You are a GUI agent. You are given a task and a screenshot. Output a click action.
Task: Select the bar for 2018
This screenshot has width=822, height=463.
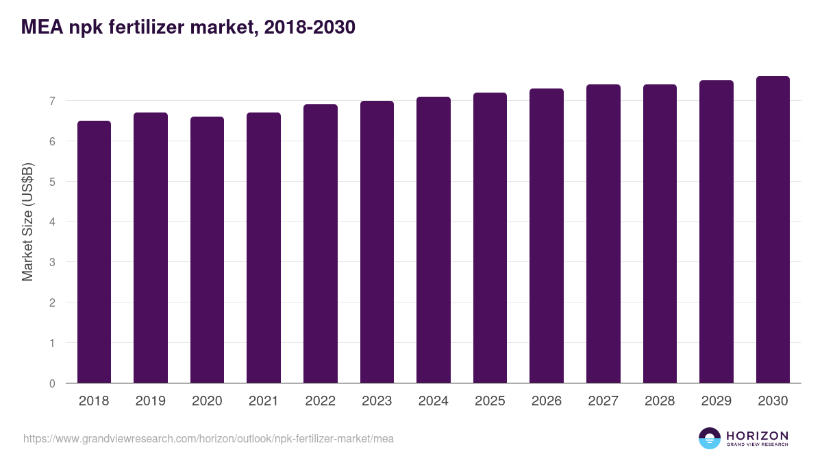(x=94, y=252)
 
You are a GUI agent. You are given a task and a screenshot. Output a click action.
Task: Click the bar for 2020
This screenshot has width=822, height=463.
(x=207, y=250)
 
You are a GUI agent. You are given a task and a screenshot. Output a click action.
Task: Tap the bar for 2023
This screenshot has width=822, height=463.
(x=377, y=242)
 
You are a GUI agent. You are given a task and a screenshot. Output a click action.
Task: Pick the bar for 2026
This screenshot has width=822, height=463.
(x=547, y=236)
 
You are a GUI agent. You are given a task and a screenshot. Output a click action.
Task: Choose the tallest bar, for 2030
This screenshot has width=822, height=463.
(x=773, y=230)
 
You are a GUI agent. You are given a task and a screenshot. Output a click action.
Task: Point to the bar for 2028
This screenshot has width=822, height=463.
(x=660, y=234)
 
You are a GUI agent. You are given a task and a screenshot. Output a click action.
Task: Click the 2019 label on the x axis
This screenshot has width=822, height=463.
(x=150, y=401)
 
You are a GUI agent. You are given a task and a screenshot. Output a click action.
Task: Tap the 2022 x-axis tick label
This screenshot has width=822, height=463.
(x=320, y=401)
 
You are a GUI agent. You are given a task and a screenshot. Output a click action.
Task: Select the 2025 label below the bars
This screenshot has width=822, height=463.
(x=490, y=401)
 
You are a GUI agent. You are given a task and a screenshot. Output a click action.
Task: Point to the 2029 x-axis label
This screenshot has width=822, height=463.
(x=716, y=401)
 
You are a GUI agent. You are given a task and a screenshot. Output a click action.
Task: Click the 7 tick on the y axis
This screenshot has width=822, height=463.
(x=51, y=102)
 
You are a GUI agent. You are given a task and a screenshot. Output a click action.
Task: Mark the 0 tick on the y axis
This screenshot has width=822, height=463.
(x=51, y=383)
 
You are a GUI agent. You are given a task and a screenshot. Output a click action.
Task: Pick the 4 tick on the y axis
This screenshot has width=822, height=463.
(x=51, y=222)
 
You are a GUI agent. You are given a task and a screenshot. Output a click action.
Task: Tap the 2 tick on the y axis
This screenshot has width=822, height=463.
(x=51, y=303)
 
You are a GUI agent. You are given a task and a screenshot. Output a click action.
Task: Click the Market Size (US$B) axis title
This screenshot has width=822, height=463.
(x=27, y=222)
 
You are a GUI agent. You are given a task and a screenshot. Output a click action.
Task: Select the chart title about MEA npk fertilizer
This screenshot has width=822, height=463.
(x=188, y=27)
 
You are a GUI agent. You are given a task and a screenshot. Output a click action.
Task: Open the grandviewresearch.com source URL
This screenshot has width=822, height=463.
(x=208, y=438)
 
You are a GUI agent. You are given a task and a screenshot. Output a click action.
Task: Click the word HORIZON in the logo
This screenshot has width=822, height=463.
(x=757, y=436)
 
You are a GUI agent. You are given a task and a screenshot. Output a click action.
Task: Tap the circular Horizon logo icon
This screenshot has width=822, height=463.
(x=709, y=438)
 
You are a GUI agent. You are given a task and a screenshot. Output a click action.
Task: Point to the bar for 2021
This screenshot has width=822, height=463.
(x=264, y=248)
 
